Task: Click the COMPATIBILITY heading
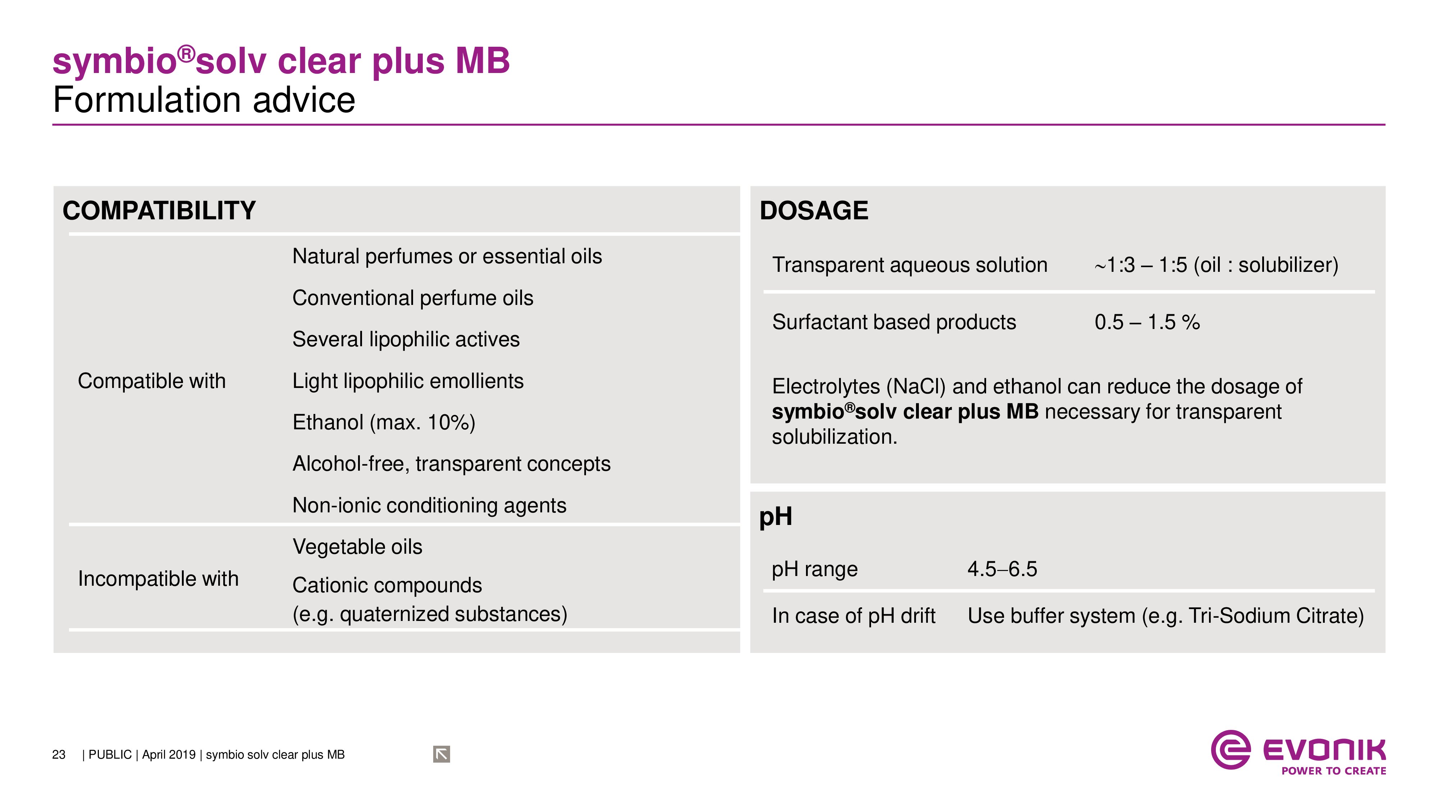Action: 159,210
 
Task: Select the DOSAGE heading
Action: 814,210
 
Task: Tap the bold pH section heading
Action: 775,516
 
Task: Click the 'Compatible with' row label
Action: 152,381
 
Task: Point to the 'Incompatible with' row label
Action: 158,579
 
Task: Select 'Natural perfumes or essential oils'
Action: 447,256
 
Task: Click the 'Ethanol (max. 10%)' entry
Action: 384,422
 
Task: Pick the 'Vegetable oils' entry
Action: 357,547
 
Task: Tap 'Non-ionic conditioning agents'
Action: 429,505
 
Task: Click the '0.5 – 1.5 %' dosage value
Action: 1147,322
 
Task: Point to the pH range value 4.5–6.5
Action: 1002,569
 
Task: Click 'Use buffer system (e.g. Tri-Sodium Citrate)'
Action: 1165,616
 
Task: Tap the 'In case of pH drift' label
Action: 853,616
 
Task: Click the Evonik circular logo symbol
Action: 1230,750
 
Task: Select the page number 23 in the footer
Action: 59,755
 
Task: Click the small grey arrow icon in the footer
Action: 441,754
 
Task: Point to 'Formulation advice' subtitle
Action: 204,101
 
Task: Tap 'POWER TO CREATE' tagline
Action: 1334,771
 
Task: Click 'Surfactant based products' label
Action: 894,322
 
